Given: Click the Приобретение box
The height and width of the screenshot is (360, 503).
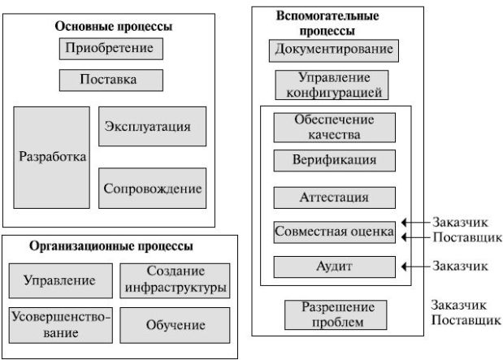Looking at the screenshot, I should click(111, 49).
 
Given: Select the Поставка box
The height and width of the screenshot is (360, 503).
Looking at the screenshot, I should click(111, 80).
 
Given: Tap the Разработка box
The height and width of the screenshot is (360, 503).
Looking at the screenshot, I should click(51, 157).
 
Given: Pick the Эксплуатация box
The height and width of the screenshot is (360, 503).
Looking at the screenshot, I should click(152, 127).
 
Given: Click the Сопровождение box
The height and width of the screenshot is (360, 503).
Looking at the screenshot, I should click(152, 189).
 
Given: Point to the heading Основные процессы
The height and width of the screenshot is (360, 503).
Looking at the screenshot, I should click(113, 26).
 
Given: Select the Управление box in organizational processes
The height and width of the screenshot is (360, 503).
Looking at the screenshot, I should click(60, 280).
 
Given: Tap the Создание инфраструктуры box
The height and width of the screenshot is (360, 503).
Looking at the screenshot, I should click(175, 280).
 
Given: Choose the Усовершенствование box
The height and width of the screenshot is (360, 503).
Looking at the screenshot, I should click(60, 324).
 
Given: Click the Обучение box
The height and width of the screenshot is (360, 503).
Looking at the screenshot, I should click(175, 325).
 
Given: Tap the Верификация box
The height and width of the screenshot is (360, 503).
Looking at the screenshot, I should click(334, 160).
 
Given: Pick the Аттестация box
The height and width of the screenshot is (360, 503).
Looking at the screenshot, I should click(334, 197).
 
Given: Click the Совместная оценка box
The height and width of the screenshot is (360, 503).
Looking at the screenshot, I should click(334, 232).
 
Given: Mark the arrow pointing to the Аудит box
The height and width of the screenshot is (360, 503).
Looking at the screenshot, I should click(415, 266).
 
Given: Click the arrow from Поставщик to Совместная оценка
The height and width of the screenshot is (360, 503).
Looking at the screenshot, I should click(415, 238).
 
